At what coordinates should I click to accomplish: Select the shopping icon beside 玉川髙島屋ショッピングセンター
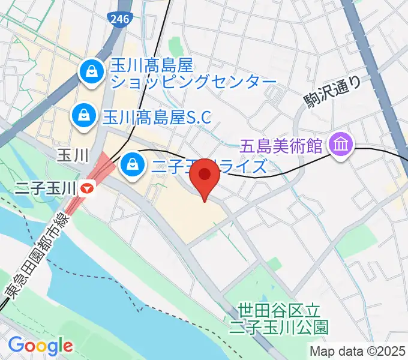92,73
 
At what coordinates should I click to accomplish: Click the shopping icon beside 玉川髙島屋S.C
83,115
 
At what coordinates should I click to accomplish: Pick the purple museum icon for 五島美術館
342,145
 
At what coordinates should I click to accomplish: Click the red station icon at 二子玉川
88,188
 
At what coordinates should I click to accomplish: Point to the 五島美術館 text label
281,145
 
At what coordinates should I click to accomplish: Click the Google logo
40,345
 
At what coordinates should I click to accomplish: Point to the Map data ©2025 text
357,350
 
